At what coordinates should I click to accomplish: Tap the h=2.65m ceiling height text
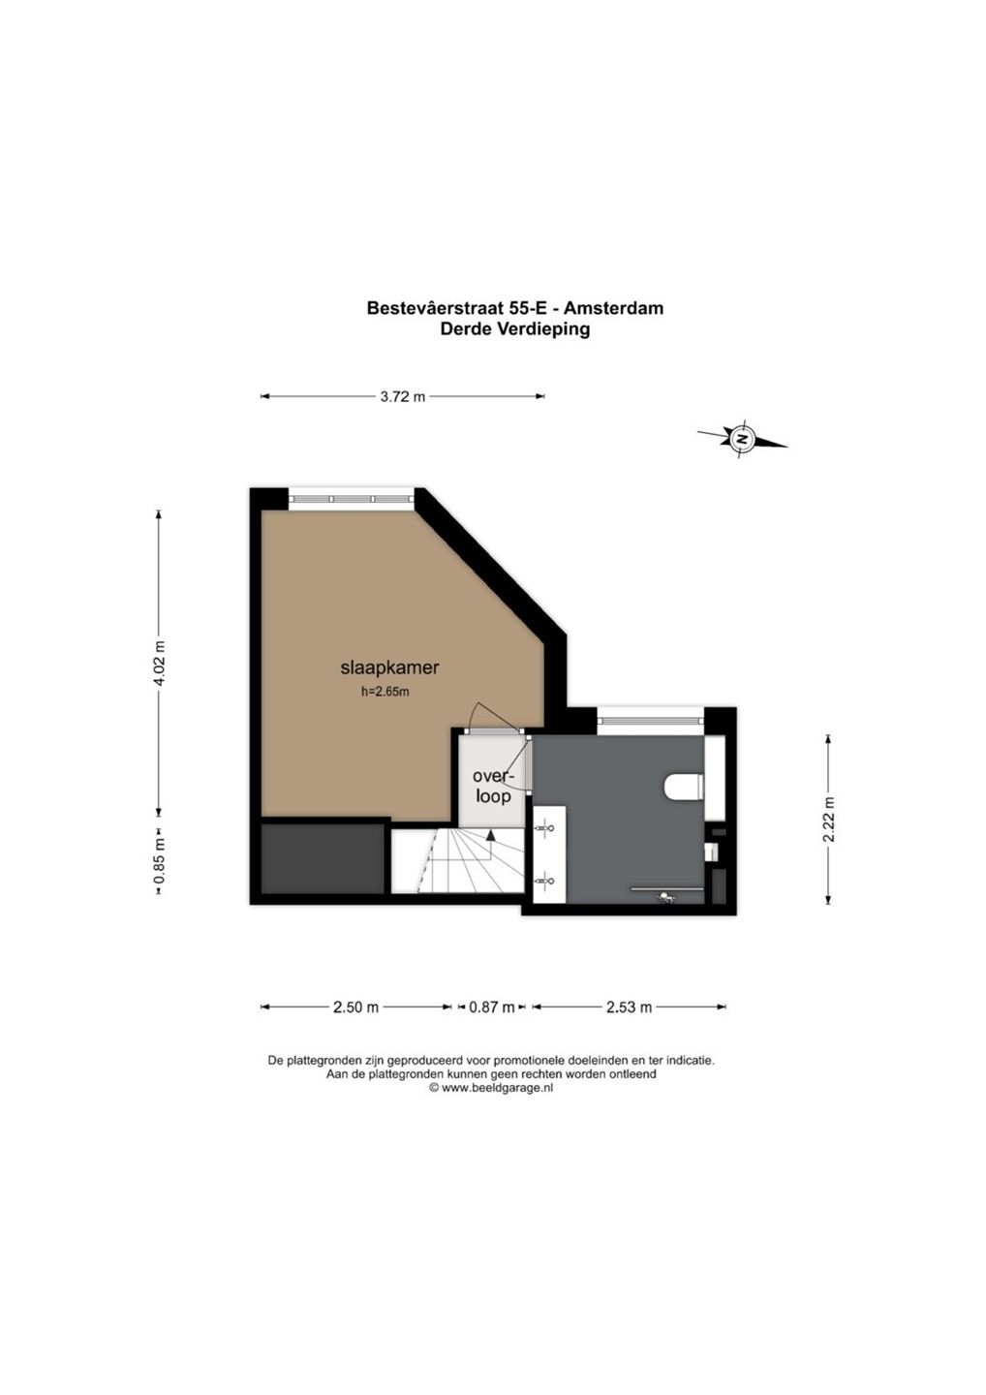coord(385,692)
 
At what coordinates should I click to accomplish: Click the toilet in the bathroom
coord(684,787)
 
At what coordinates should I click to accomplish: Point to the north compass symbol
coord(742,438)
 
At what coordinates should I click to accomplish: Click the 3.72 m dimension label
coord(403,397)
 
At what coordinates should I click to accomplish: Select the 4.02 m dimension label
coord(160,663)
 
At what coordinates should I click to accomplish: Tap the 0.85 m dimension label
coord(160,861)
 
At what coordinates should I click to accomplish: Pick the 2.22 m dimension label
coord(828,820)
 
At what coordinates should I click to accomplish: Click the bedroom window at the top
coord(352,498)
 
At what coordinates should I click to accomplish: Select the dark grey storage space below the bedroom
coord(324,859)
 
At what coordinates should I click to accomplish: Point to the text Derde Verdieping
coord(514,328)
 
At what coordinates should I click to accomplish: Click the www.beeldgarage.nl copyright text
coord(491,1088)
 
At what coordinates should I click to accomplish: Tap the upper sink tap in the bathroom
coord(545,828)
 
